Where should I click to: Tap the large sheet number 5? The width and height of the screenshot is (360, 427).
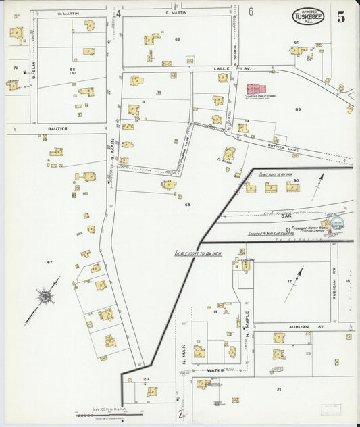tap(341, 17)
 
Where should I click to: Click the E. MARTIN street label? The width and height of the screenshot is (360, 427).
tap(175, 13)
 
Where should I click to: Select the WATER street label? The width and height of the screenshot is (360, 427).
tap(215, 370)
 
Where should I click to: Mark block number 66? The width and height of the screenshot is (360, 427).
tap(177, 39)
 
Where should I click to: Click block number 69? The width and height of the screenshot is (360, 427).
tap(297, 109)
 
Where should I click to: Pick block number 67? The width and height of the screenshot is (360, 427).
tap(49, 261)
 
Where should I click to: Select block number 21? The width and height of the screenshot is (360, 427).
tap(278, 389)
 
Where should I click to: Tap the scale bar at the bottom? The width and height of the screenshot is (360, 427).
tap(108, 415)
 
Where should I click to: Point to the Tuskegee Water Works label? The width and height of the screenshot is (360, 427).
tap(313, 230)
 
